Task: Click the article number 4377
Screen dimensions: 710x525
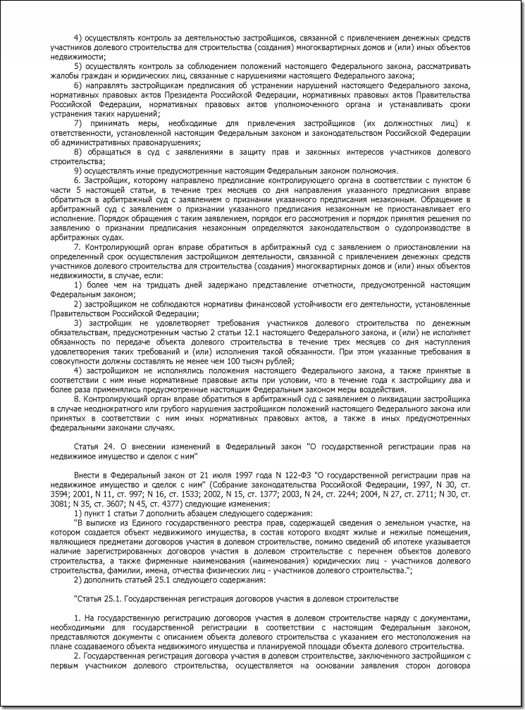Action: [178, 511]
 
